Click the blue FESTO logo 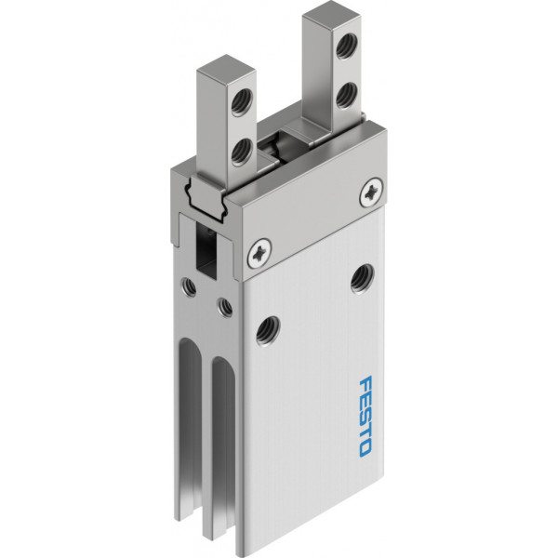coord(365,417)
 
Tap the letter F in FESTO coord(365,383)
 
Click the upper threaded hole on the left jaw coord(242,101)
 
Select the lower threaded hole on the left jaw coord(242,153)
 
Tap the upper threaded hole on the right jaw coord(347,46)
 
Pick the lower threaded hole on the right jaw coord(347,96)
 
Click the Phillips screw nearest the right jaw coord(371,192)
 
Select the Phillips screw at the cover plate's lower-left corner coord(259,253)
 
